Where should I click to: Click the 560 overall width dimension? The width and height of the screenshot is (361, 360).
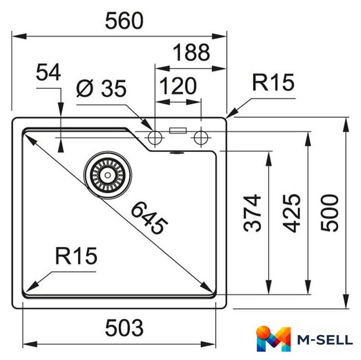click(124, 21)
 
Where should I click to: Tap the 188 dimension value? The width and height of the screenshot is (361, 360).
click(191, 52)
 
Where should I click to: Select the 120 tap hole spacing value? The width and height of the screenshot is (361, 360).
click(178, 86)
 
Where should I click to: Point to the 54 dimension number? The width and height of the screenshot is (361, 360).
click(48, 72)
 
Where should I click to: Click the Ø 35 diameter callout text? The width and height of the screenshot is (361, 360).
click(101, 88)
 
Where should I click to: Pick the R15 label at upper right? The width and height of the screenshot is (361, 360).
click(273, 82)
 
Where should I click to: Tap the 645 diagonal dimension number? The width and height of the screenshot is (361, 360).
click(149, 218)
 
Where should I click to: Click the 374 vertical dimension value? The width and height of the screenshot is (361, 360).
click(252, 213)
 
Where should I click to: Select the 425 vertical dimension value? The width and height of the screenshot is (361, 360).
click(292, 213)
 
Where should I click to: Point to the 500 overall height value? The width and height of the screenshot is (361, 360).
click(329, 213)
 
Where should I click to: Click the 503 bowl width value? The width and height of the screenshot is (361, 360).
click(124, 328)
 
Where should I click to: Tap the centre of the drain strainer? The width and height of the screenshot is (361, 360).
click(108, 175)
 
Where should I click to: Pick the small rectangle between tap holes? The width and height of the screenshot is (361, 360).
click(178, 130)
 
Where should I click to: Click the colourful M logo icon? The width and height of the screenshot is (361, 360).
click(273, 339)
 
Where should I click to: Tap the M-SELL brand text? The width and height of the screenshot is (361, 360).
click(325, 340)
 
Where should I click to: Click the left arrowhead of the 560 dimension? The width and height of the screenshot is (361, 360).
click(19, 37)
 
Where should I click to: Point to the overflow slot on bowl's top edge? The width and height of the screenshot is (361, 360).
click(177, 152)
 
